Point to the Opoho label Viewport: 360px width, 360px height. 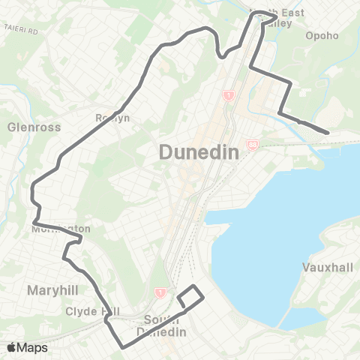pyautogui.click(x=322, y=35)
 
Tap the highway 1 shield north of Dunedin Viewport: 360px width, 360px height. pyautogui.click(x=226, y=95)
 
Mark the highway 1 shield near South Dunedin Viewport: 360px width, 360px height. pyautogui.click(x=160, y=293)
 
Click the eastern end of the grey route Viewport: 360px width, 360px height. pyautogui.click(x=328, y=133)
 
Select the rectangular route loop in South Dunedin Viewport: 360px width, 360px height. pyautogui.click(x=190, y=296)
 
